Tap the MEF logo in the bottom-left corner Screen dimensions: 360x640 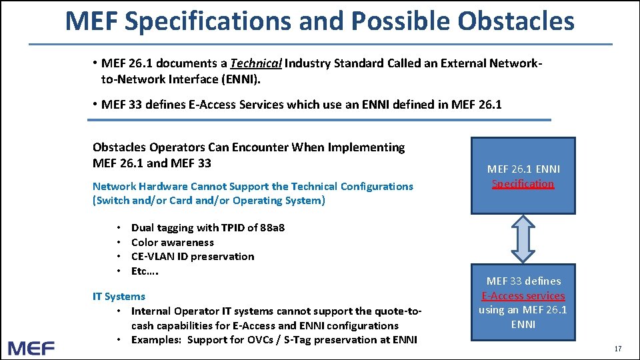[31, 347]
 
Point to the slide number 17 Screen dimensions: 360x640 [617, 349]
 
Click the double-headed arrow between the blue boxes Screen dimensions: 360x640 [523, 239]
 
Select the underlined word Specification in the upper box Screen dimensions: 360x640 [523, 183]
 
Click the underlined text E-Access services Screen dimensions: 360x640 [523, 295]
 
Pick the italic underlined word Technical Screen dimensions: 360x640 [256, 63]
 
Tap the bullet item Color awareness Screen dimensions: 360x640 [173, 242]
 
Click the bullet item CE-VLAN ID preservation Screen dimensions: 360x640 [193, 256]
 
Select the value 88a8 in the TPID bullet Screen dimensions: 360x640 [273, 227]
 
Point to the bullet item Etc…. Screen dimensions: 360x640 [145, 271]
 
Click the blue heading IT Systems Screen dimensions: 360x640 [119, 296]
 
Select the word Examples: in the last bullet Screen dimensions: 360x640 [157, 339]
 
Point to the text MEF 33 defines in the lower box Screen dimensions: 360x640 [523, 281]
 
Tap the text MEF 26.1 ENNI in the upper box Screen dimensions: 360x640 [523, 169]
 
